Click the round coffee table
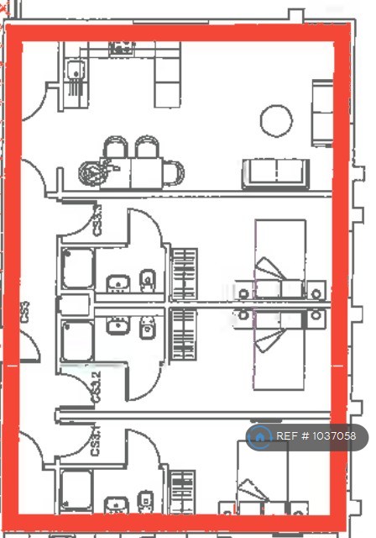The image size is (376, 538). point(276,120)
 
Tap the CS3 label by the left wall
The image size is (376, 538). point(26,314)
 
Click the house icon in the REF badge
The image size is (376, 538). point(261,435)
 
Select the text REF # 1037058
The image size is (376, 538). point(316,436)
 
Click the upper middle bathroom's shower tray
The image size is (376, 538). point(77,267)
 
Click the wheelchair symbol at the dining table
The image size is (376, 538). point(91,173)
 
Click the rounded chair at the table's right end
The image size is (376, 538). point(174,174)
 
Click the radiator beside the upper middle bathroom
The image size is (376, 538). point(184,273)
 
